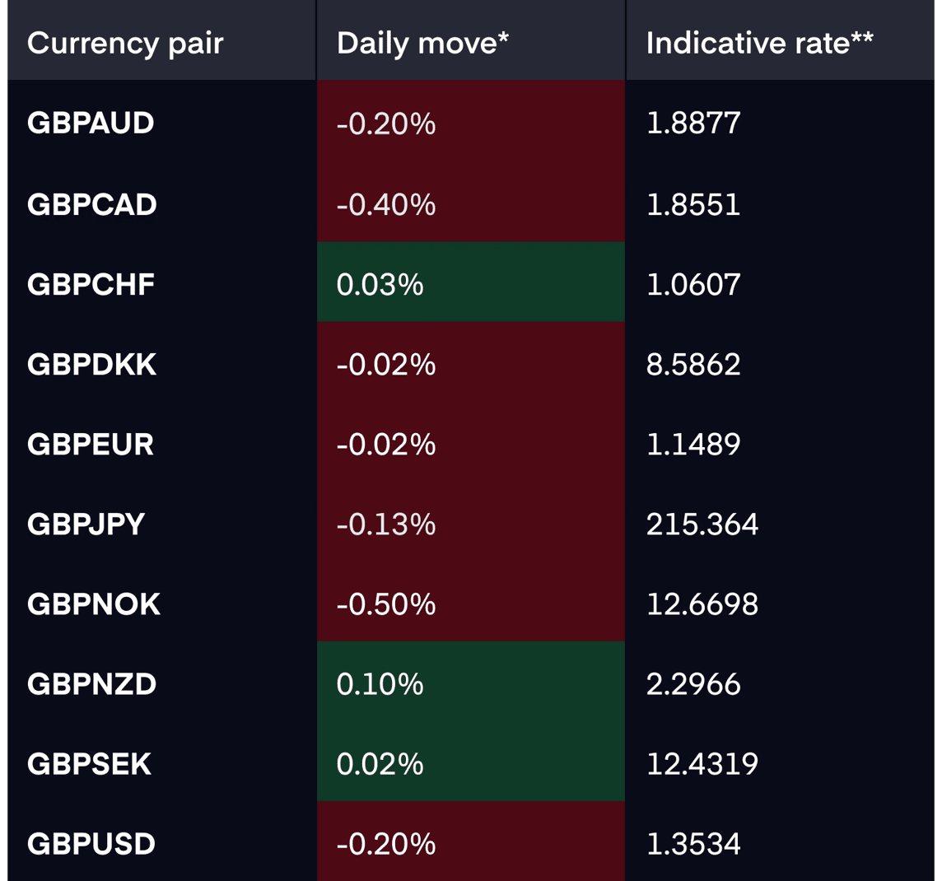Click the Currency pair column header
[x=125, y=44]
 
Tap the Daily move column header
[x=422, y=44]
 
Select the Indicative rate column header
[x=759, y=44]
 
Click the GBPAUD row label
[x=91, y=124]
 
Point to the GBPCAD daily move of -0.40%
[x=385, y=205]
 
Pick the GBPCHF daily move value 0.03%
[x=380, y=285]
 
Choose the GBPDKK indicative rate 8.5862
[x=693, y=365]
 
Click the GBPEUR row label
[x=91, y=445]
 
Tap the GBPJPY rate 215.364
[x=702, y=524]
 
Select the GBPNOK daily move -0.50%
[x=385, y=604]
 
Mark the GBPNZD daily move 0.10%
[x=380, y=684]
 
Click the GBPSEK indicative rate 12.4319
[x=702, y=764]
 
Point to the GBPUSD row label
[x=91, y=844]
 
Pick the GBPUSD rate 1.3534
[x=693, y=844]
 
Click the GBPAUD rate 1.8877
[x=693, y=124]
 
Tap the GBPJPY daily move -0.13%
[x=385, y=524]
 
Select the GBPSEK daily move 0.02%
[x=380, y=764]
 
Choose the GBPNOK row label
[x=94, y=604]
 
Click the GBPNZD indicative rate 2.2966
[x=693, y=684]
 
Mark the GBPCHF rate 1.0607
[x=693, y=285]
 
